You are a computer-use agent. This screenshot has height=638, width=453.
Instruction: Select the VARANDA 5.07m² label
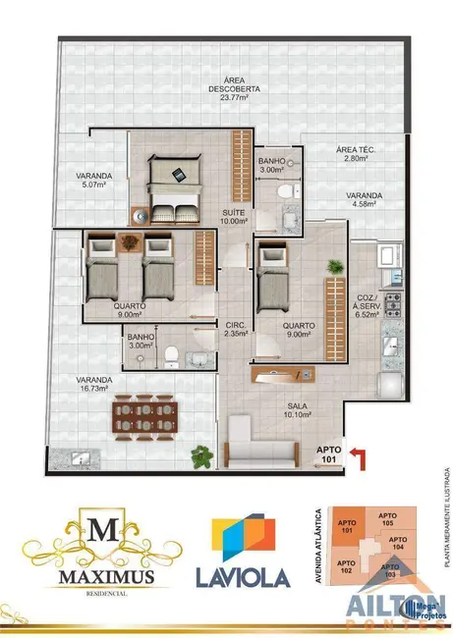tap(96, 180)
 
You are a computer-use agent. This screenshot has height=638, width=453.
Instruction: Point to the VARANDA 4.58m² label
tap(365, 201)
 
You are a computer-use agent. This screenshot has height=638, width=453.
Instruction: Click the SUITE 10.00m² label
tap(234, 217)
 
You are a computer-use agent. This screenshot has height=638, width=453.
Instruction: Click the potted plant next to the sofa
tap(202, 455)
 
